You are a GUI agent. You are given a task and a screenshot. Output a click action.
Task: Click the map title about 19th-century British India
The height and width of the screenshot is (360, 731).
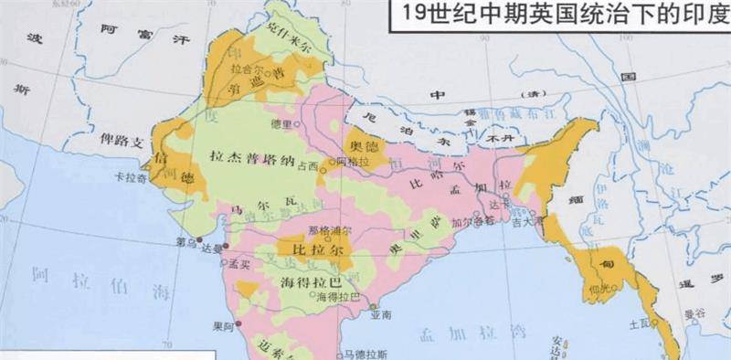560,16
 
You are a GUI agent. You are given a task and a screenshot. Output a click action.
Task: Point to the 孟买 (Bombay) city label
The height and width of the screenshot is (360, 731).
239,262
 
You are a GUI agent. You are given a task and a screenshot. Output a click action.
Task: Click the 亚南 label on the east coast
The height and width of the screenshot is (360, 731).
381,314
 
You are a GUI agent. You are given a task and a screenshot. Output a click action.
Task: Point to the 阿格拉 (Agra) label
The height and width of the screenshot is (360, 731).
345,161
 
